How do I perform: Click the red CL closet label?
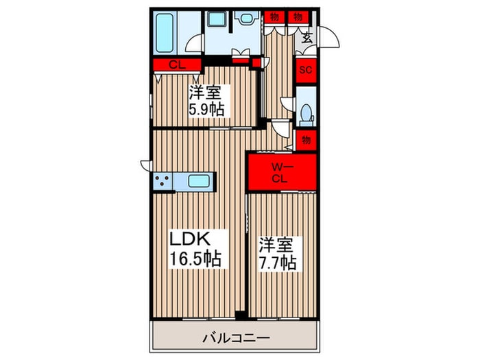tap(176, 65)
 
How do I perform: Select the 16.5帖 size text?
tap(195, 259)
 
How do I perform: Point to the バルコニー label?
tap(235, 337)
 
